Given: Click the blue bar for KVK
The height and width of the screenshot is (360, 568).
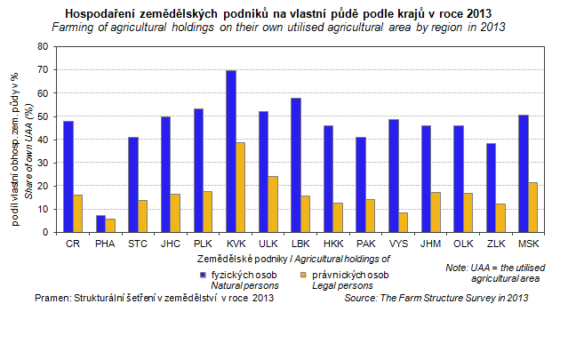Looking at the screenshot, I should [x=231, y=151].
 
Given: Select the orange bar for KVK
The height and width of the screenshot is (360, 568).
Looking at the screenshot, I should [x=241, y=187].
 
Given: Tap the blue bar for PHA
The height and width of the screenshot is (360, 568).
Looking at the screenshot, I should [x=100, y=224].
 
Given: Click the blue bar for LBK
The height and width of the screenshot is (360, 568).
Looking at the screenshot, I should [x=295, y=164].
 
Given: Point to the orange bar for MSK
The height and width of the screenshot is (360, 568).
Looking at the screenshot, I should [x=532, y=207].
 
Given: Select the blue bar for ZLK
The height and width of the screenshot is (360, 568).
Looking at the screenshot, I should [x=491, y=188].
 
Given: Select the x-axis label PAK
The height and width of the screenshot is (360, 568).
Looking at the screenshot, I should [x=365, y=242].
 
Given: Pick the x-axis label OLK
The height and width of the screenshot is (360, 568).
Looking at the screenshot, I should [x=463, y=242].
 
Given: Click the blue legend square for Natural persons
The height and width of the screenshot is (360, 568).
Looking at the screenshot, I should [x=204, y=274].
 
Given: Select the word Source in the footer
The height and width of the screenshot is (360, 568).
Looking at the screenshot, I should [x=362, y=298].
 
